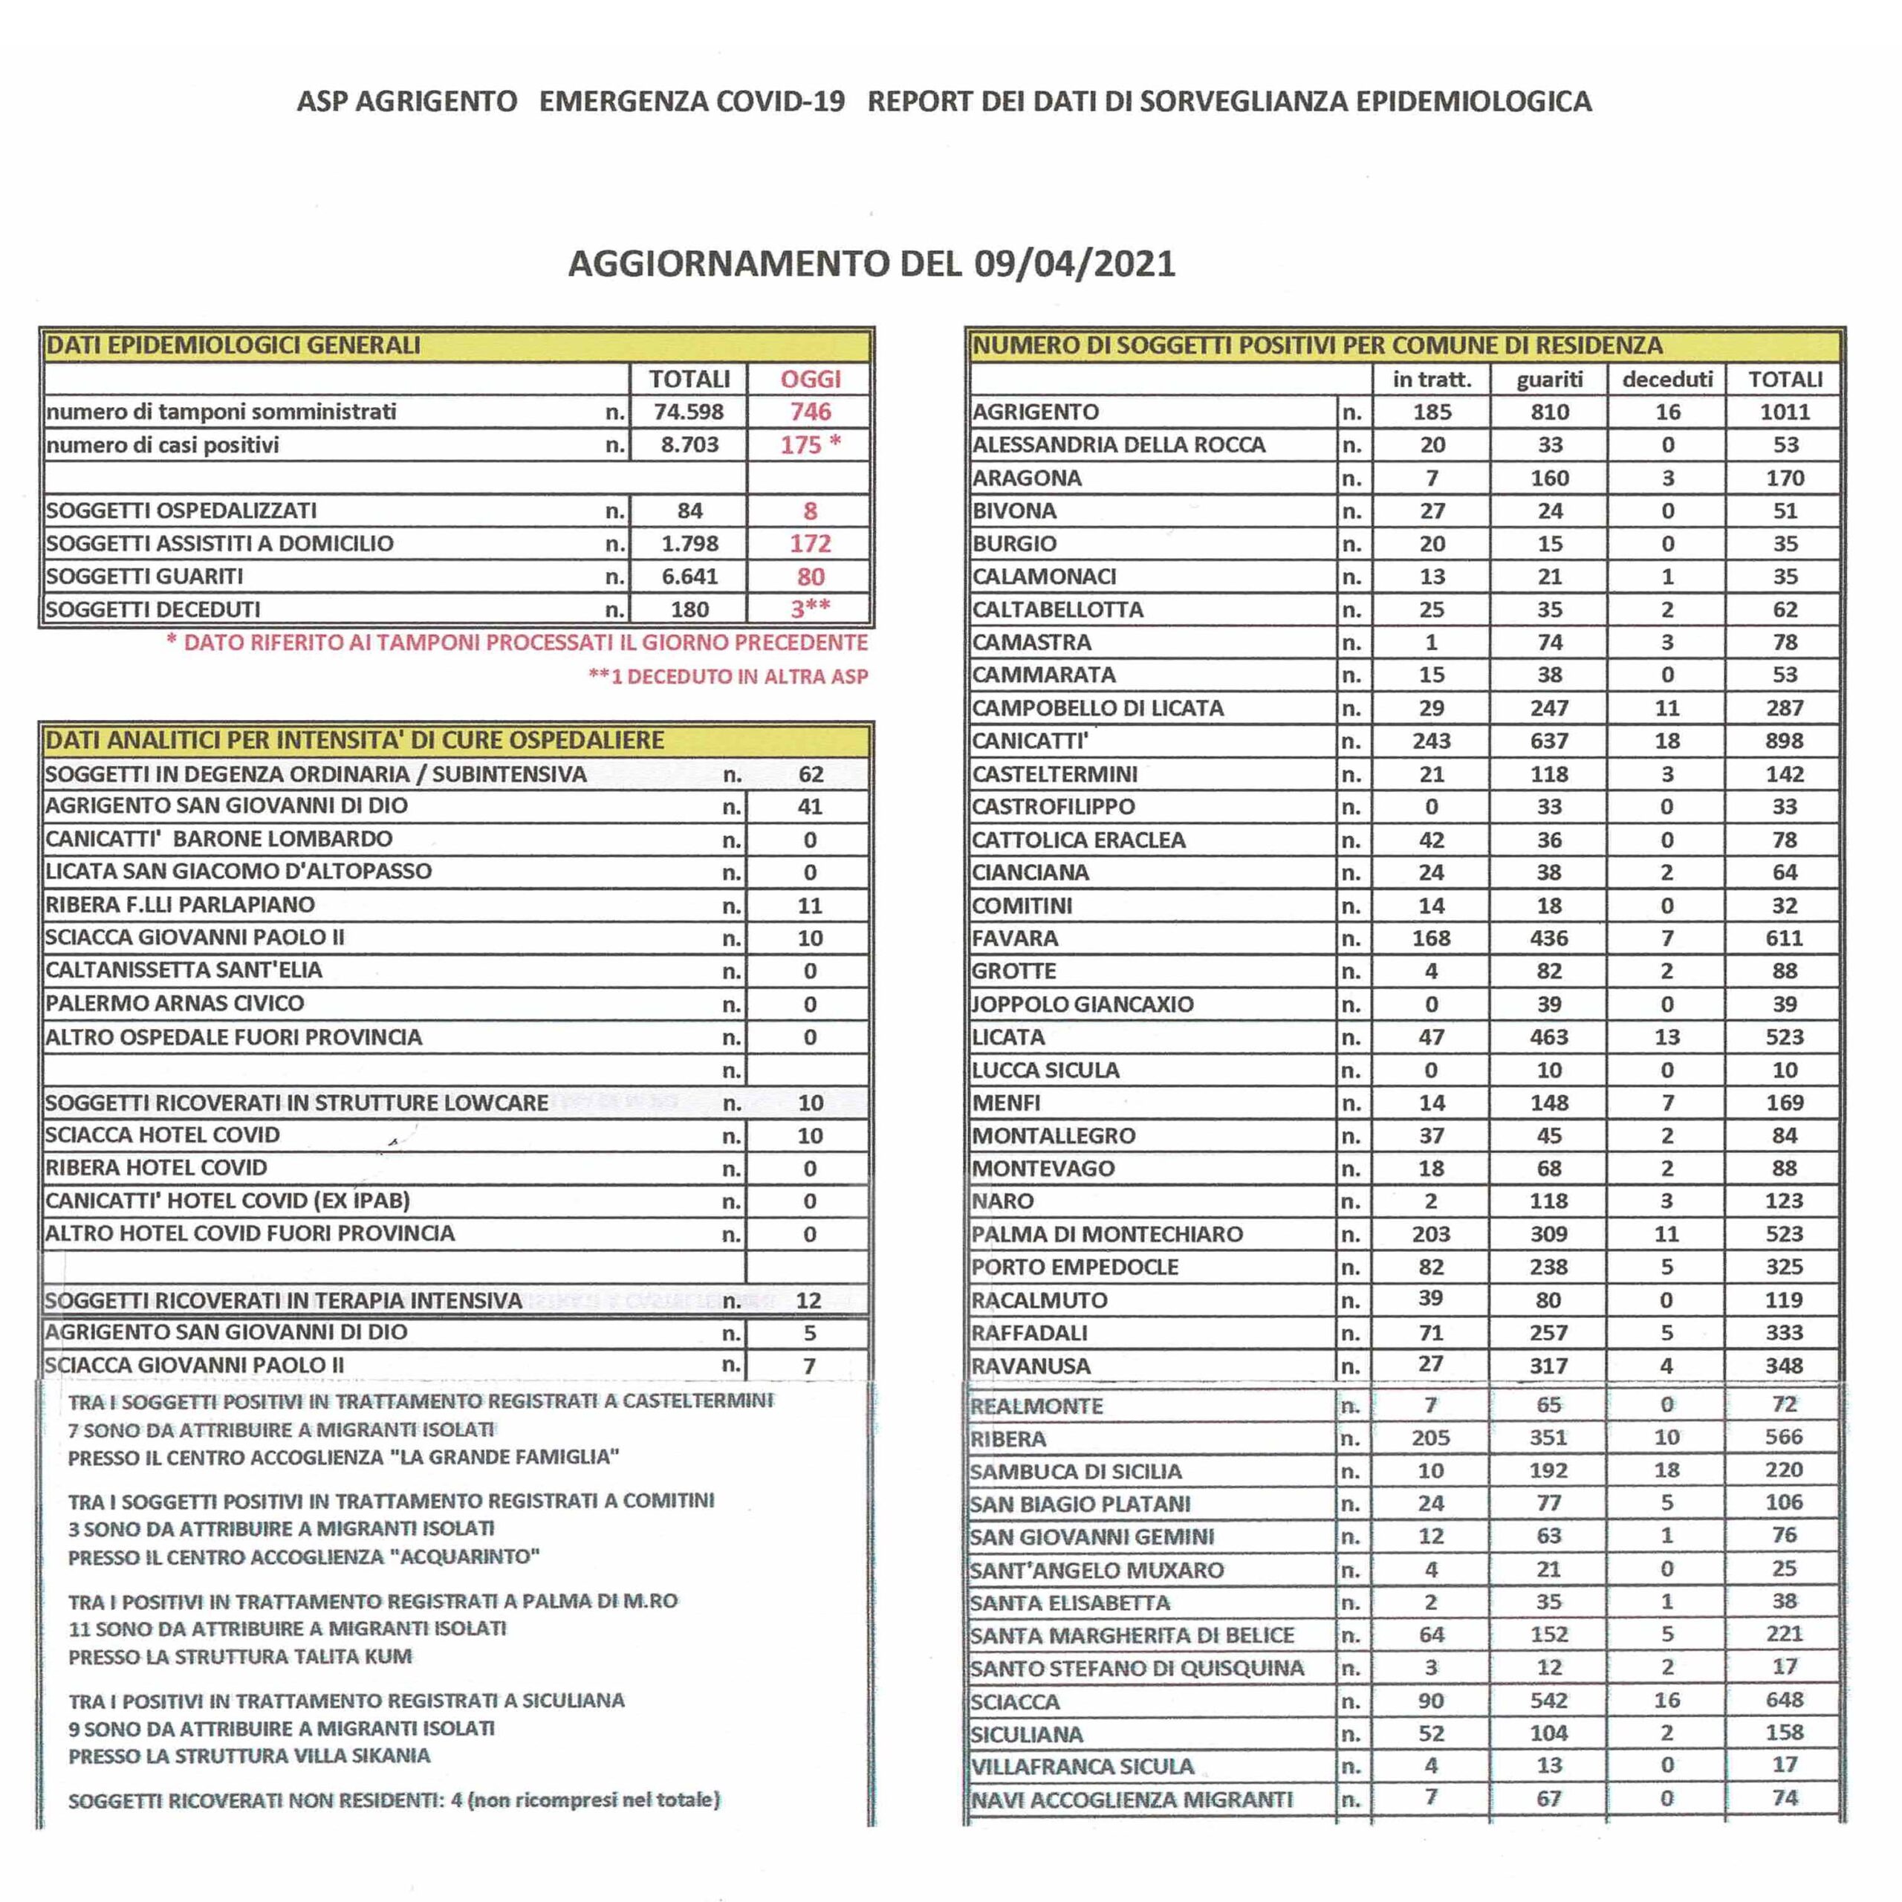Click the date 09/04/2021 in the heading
(1075, 264)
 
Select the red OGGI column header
(811, 379)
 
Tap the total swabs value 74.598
(689, 412)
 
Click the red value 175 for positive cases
(800, 445)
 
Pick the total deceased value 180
(689, 609)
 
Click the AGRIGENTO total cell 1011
(1784, 412)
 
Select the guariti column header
(1550, 379)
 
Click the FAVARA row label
(1014, 938)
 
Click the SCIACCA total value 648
(1784, 1700)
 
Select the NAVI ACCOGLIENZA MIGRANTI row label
(1131, 1799)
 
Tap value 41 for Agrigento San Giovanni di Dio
(809, 806)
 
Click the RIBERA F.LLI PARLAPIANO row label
(179, 905)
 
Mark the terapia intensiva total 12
(808, 1300)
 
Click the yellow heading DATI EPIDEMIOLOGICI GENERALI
(233, 345)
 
